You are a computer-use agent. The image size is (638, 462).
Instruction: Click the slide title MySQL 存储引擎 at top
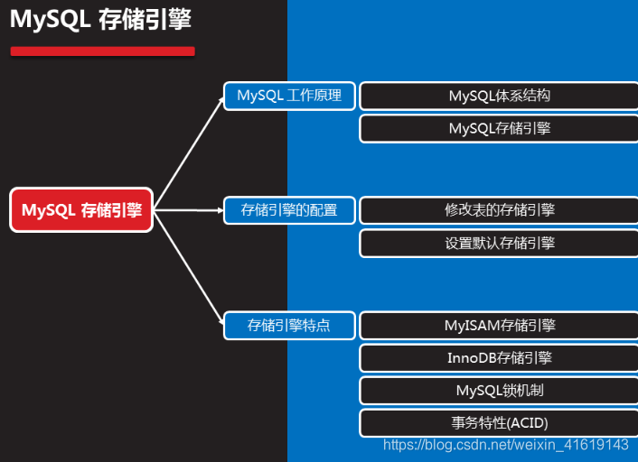tap(100, 20)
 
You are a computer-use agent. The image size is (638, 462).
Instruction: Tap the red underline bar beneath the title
tap(102, 51)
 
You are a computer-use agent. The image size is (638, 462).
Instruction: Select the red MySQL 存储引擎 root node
tap(81, 210)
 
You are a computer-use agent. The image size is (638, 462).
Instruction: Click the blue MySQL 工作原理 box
tap(289, 96)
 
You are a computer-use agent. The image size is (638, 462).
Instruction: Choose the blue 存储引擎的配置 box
tap(289, 210)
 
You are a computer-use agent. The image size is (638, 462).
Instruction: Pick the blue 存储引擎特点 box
tap(289, 325)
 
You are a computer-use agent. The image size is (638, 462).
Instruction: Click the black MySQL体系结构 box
tap(499, 96)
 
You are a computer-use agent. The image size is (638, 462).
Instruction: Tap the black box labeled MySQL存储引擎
tap(499, 128)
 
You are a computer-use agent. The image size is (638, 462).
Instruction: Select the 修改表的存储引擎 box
tap(499, 210)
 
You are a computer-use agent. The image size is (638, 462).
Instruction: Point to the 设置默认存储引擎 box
tap(499, 243)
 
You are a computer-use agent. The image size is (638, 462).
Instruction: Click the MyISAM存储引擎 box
tap(499, 325)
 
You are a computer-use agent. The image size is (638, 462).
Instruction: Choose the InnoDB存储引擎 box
tap(499, 357)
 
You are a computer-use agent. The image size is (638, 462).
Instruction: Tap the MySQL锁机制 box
tap(499, 390)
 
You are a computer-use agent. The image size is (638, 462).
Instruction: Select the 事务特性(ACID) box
tap(499, 422)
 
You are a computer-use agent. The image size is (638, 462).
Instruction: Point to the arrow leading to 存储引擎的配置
tap(190, 210)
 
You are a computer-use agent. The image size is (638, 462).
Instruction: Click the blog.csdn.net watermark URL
tap(506, 445)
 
